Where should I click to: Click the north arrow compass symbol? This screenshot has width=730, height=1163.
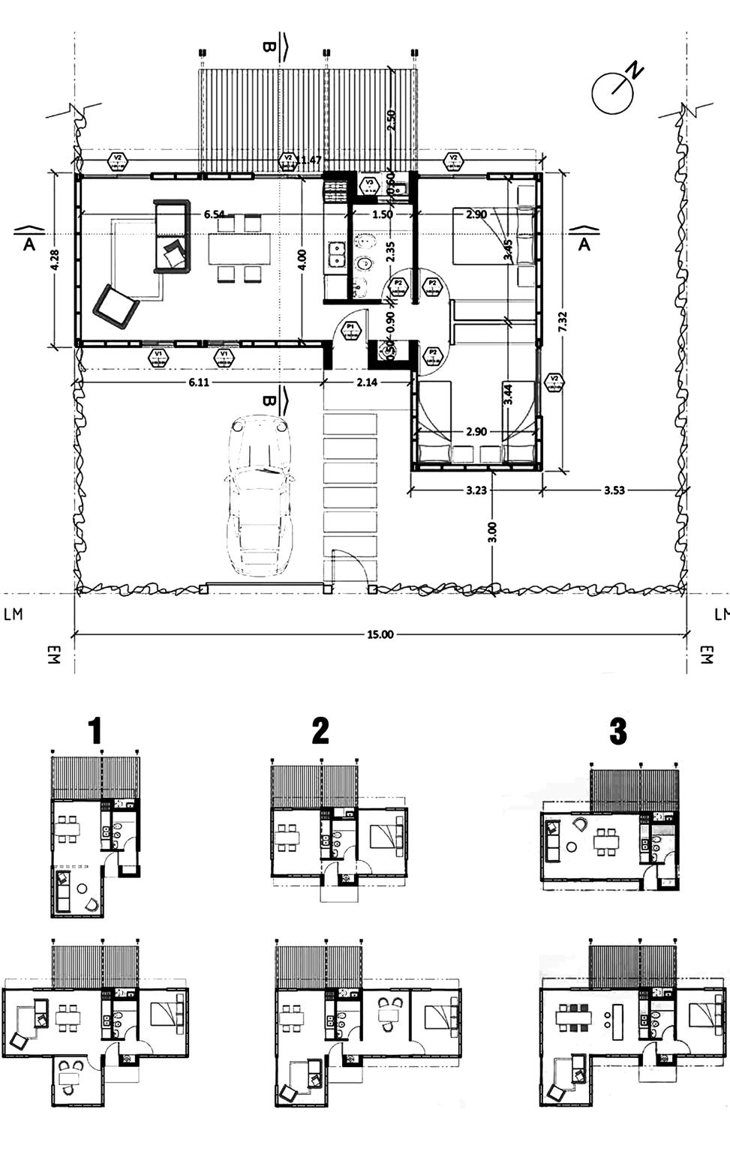(x=614, y=91)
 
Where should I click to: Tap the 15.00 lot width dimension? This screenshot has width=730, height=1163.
(x=380, y=634)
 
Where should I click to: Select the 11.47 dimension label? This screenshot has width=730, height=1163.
(x=309, y=160)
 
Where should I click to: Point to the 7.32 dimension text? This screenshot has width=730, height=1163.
(x=563, y=323)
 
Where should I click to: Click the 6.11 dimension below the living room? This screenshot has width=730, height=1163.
(x=199, y=382)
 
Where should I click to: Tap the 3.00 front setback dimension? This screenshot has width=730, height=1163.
(x=492, y=532)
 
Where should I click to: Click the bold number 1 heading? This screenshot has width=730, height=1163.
(x=95, y=730)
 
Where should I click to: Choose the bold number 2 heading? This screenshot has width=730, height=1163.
(x=320, y=730)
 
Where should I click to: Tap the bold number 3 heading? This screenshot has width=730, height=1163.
(x=617, y=730)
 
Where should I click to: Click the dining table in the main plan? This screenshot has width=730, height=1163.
(x=239, y=248)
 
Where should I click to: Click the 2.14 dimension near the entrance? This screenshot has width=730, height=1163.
(x=367, y=382)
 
